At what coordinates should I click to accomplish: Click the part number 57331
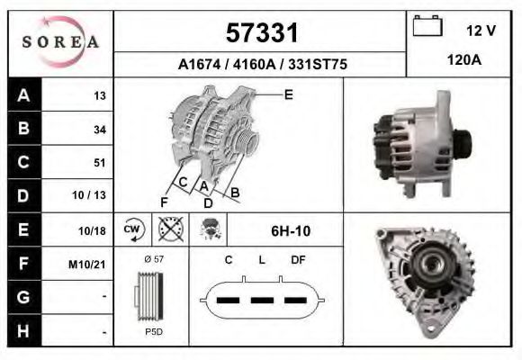point(262,33)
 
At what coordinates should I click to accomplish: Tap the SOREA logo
point(60,42)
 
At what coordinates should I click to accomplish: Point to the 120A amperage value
point(464,60)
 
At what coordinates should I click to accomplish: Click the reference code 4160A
point(254,64)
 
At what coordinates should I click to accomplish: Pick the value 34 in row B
point(100,130)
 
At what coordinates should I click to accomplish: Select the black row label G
point(23,297)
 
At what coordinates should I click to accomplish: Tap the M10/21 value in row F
point(87,265)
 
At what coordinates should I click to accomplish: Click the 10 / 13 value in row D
point(89,195)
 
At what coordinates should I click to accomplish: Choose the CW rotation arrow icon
point(133,229)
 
